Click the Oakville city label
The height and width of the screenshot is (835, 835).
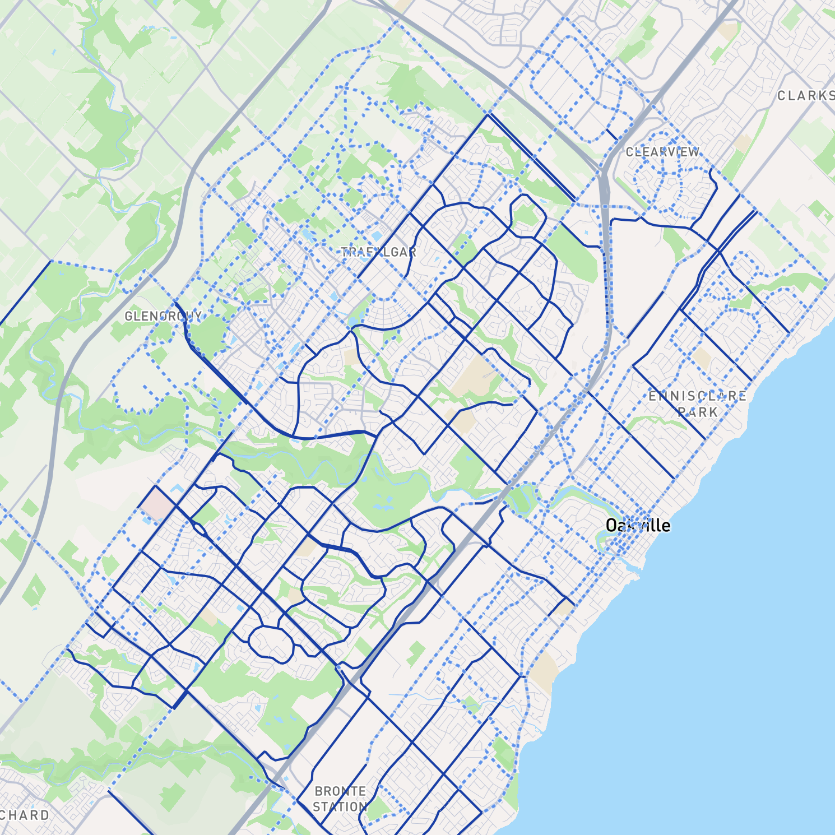tap(638, 525)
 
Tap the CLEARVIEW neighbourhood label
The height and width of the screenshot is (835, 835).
tap(662, 152)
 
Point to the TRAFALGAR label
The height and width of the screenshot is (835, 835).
tap(378, 252)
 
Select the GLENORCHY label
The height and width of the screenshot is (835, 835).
tap(163, 316)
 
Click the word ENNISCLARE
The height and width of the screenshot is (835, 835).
tap(697, 396)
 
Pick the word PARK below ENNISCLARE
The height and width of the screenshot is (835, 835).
tap(697, 412)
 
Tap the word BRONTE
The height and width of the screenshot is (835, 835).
tap(340, 791)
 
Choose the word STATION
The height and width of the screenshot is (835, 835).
tap(340, 807)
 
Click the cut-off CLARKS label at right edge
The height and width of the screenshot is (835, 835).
tap(805, 96)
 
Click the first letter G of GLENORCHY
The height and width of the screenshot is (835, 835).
tap(128, 317)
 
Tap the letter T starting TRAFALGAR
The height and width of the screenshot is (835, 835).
tap(345, 252)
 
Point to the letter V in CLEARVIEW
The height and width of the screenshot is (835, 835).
tap(673, 152)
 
